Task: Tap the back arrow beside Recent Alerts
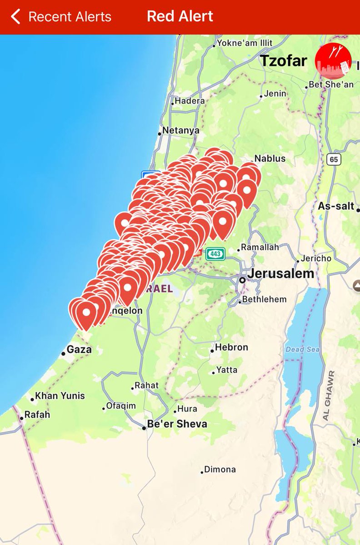(x=15, y=17)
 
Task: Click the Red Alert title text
(x=180, y=17)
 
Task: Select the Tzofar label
(x=283, y=61)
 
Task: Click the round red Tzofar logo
(x=333, y=60)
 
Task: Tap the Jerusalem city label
(x=280, y=274)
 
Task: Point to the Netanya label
(x=180, y=131)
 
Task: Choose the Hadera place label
(x=190, y=101)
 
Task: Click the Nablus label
(x=270, y=159)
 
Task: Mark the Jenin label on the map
(x=275, y=94)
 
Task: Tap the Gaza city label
(x=79, y=350)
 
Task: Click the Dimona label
(x=220, y=470)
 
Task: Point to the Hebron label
(x=231, y=347)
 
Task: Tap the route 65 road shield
(x=334, y=159)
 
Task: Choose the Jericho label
(x=316, y=258)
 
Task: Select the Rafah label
(x=37, y=415)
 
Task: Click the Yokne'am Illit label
(x=245, y=43)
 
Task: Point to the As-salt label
(x=335, y=206)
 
